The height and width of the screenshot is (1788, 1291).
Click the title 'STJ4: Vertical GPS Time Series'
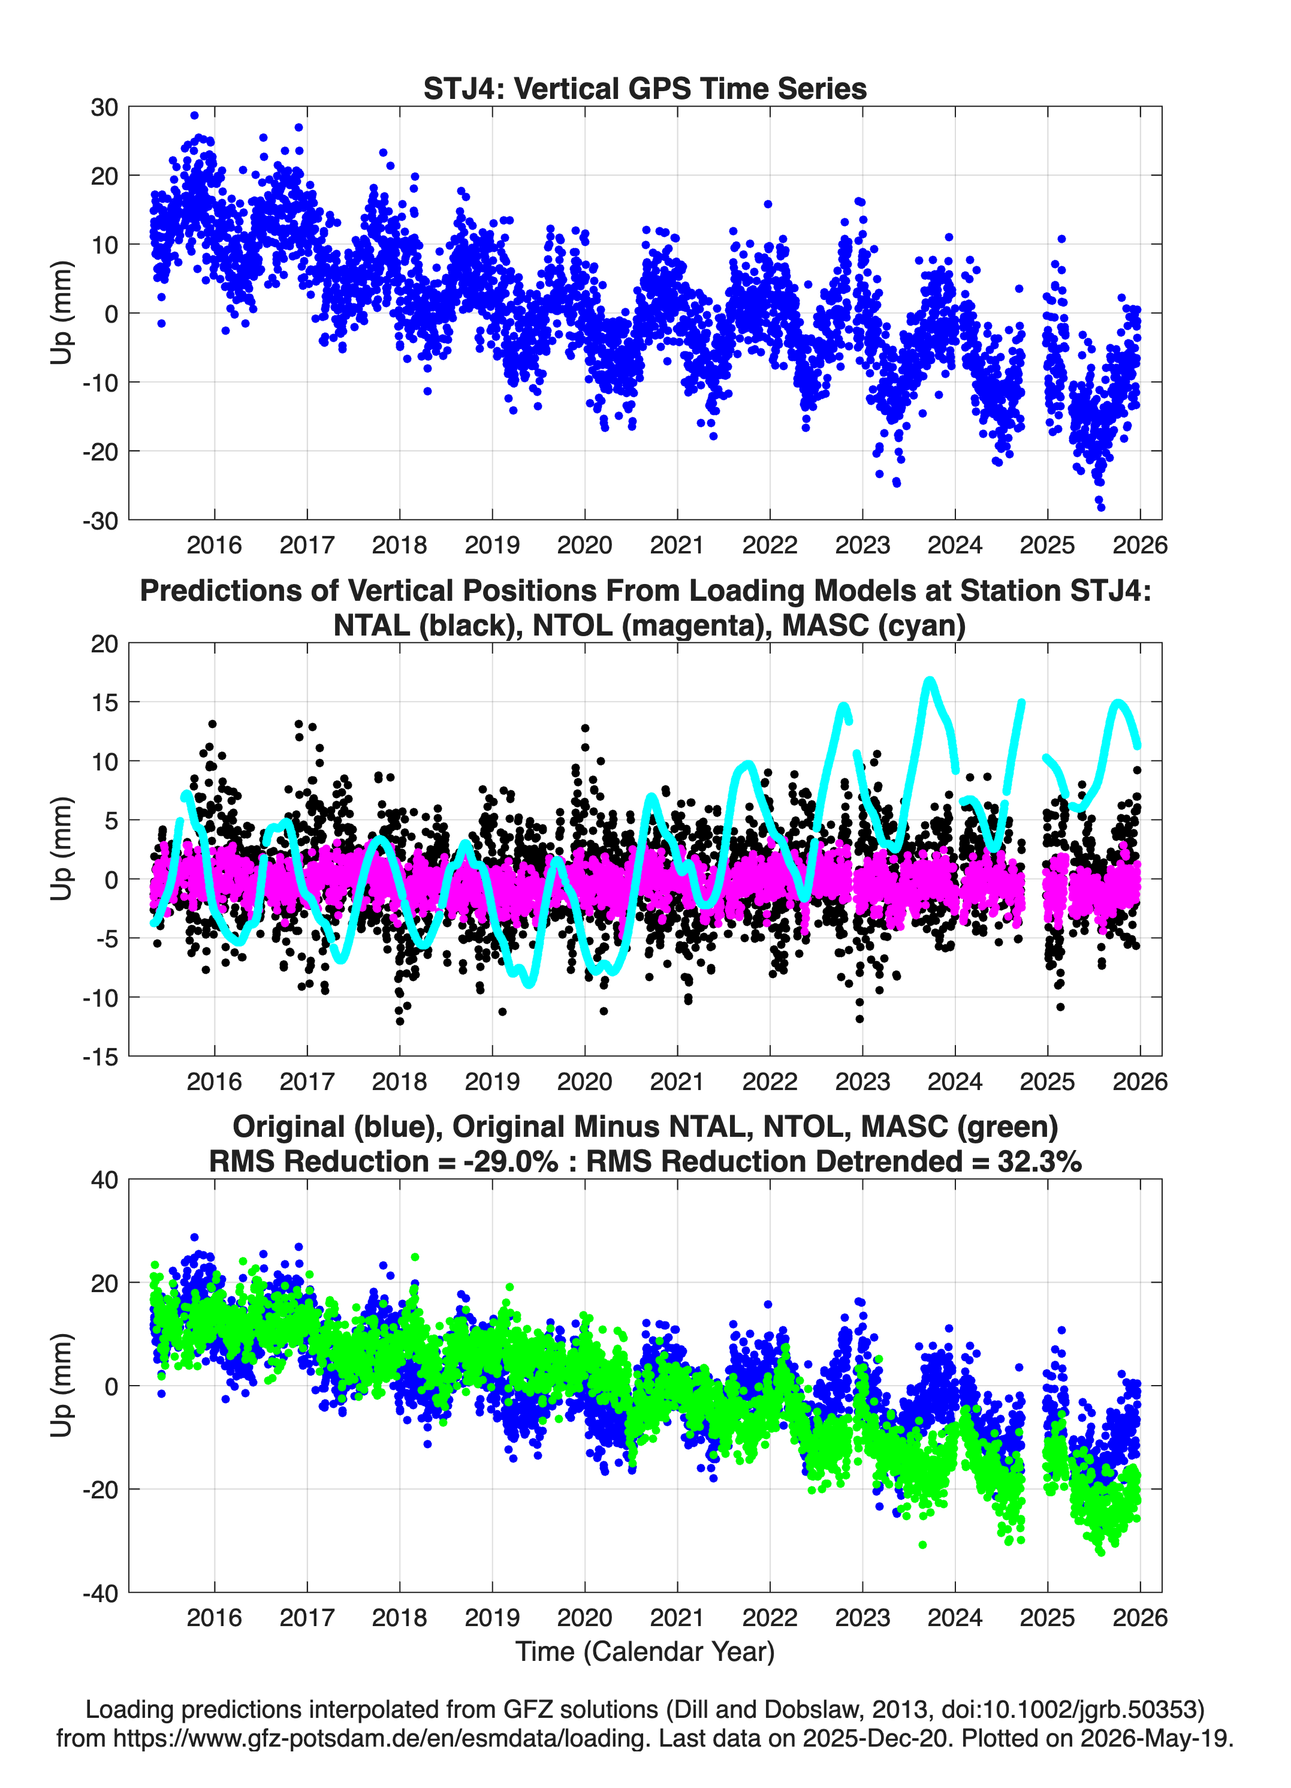645,88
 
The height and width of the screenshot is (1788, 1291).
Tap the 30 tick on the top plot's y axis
104,107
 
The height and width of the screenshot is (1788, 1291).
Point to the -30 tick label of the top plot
100,520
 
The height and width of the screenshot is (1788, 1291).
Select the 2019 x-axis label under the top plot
492,545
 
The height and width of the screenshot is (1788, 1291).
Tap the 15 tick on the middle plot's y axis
104,702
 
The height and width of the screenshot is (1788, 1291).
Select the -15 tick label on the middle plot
100,1056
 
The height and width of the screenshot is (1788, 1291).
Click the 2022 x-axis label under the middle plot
769,1081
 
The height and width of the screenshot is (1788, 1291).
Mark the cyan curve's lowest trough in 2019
529,984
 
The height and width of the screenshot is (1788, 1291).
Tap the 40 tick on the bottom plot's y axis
104,1180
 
